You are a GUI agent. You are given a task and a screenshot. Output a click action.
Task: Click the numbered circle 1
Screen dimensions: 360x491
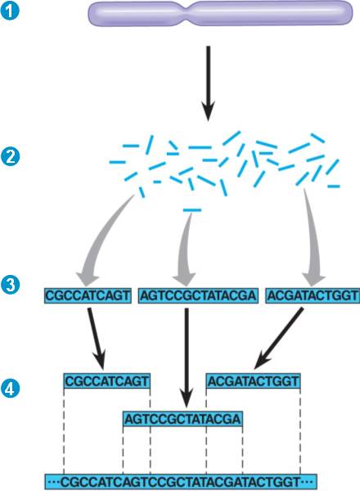pos(11,11)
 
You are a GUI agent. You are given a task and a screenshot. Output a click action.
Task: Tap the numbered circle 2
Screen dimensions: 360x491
pos(11,157)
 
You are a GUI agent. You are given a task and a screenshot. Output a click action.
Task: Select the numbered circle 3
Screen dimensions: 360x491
pos(11,286)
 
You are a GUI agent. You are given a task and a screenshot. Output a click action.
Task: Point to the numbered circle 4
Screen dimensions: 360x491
pos(11,388)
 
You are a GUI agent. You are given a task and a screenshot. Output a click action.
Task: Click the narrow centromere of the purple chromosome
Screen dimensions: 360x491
pos(188,13)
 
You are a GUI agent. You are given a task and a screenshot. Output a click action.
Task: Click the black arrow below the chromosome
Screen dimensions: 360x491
pos(208,83)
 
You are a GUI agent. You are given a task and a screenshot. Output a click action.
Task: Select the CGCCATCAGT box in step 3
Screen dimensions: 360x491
pos(88,295)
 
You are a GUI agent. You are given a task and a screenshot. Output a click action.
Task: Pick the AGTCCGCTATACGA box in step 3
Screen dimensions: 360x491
pos(198,295)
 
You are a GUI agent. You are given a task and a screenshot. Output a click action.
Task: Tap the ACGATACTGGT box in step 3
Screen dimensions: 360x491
pos(313,295)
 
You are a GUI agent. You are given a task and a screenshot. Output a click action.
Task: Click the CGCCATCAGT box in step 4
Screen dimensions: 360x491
pos(107,381)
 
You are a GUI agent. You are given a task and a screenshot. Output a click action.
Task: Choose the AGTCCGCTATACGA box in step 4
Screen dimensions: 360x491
pos(182,419)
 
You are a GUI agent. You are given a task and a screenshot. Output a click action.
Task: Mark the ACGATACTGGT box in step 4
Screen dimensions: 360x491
pos(254,381)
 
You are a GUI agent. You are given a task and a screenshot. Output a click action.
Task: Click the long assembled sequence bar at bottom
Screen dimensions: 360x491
pos(181,482)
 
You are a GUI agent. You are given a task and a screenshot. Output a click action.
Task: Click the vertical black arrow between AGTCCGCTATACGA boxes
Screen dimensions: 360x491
pos(187,358)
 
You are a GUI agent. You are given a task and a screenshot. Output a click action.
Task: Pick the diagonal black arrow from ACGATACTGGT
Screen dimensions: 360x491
pos(279,338)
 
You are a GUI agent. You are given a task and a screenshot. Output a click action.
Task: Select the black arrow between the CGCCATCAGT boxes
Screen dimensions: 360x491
pos(97,339)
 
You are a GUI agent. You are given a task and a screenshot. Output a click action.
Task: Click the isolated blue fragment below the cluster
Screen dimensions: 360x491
pos(192,210)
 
